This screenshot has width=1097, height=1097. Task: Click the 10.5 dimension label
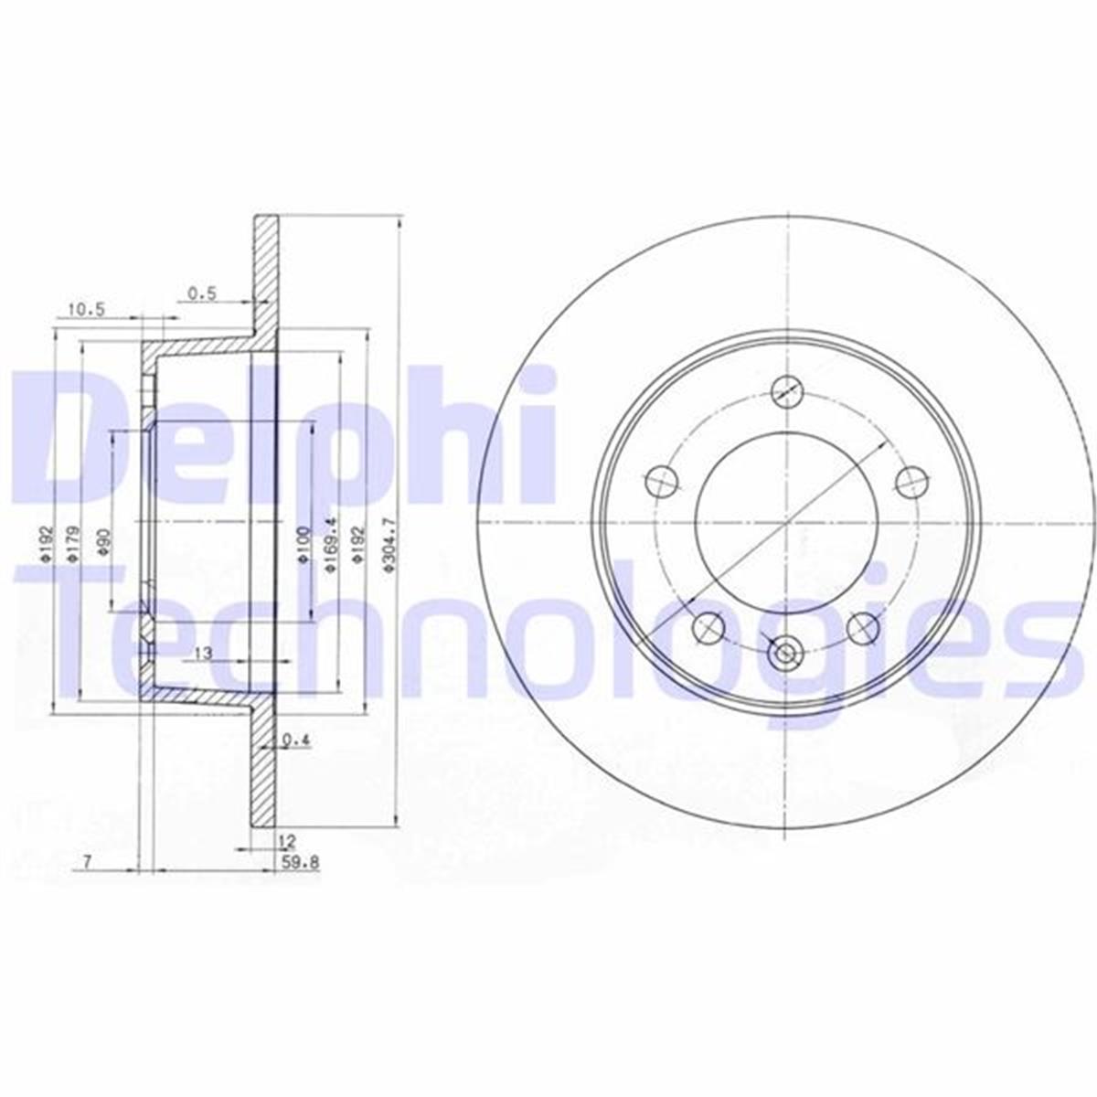[x=86, y=310]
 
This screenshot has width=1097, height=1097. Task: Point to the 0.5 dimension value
[x=201, y=293]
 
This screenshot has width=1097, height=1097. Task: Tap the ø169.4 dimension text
[x=330, y=545]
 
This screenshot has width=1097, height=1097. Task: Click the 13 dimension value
[x=203, y=653]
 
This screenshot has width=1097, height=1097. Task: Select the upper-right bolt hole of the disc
[x=911, y=481]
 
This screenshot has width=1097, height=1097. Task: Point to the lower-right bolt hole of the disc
[x=863, y=627]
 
